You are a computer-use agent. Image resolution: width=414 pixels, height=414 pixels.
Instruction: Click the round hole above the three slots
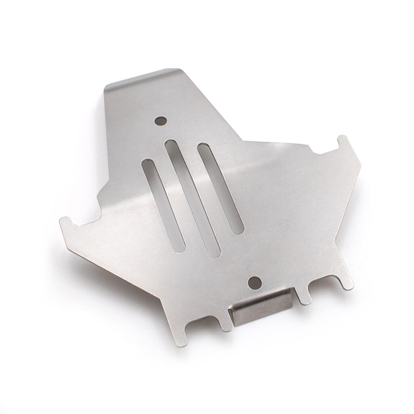point(161,120)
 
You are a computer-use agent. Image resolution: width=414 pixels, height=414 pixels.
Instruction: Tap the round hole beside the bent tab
point(254,282)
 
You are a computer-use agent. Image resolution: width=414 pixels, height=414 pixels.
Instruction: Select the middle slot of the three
point(192,198)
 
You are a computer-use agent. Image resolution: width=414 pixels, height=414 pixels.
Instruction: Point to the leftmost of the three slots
point(163,203)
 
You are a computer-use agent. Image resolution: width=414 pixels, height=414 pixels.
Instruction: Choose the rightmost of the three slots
point(220,188)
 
